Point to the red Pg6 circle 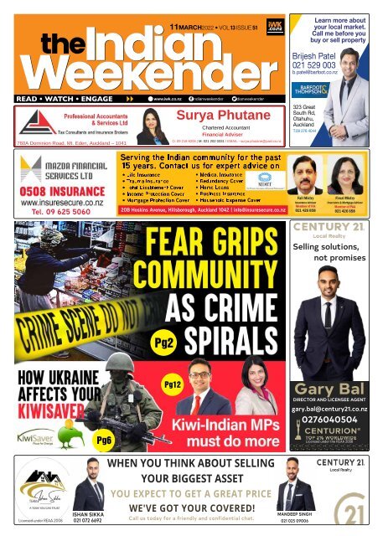point(105,440)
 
